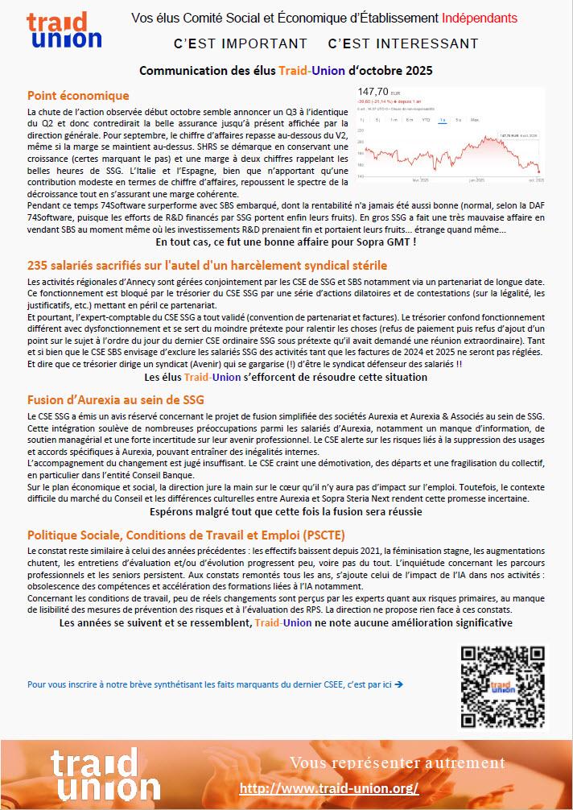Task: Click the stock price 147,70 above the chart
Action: pyautogui.click(x=373, y=92)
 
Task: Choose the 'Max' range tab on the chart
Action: pyautogui.click(x=475, y=120)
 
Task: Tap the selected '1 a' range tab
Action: pyautogui.click(x=442, y=120)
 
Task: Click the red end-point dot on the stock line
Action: pyautogui.click(x=538, y=170)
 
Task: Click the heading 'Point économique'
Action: pyautogui.click(x=78, y=96)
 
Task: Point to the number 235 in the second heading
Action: pyautogui.click(x=38, y=265)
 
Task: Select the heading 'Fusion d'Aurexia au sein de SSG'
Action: pyautogui.click(x=115, y=399)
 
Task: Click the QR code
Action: pyautogui.click(x=503, y=684)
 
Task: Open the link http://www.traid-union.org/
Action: pyautogui.click(x=329, y=788)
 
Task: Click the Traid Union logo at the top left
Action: pyautogui.click(x=64, y=31)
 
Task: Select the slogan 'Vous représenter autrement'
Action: pyautogui.click(x=397, y=762)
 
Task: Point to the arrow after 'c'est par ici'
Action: pyautogui.click(x=399, y=684)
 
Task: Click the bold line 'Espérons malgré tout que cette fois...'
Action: pyautogui.click(x=286, y=511)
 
